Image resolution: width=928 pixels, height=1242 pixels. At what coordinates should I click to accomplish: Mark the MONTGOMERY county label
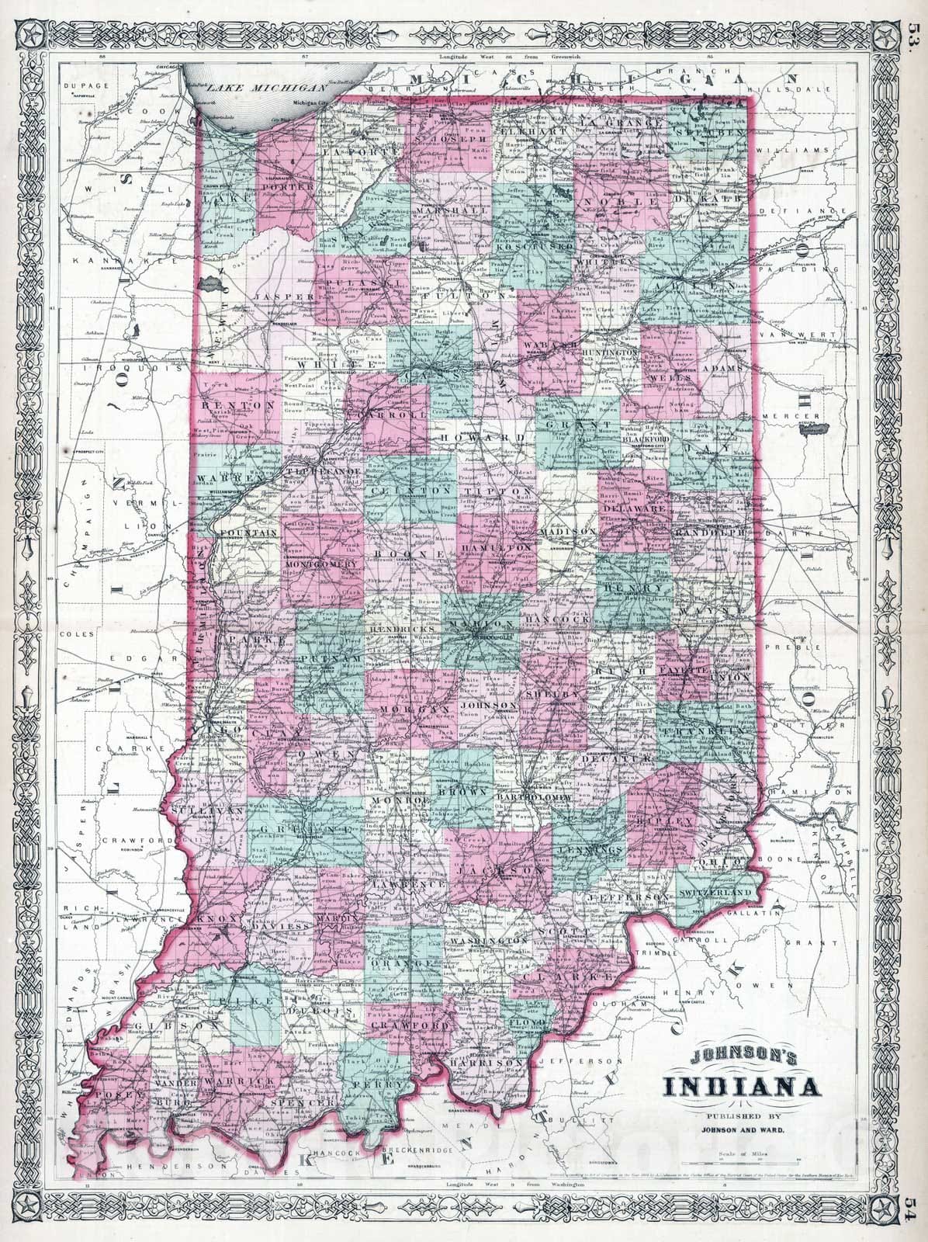click(324, 564)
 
